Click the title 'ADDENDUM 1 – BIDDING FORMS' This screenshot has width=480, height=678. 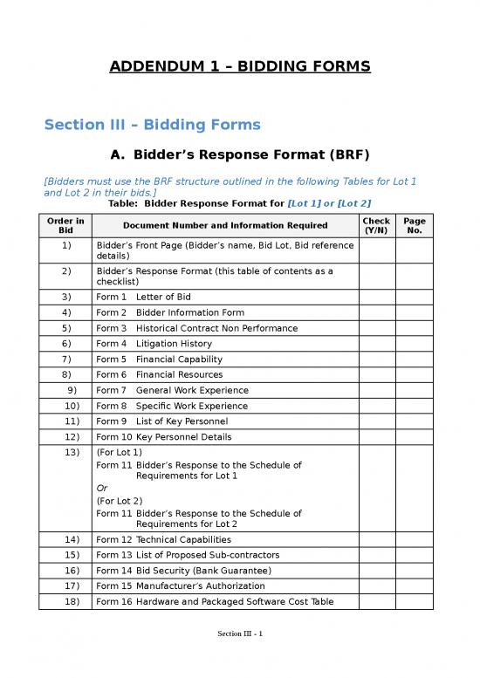coord(240,66)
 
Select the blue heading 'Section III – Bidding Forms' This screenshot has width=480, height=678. coord(152,124)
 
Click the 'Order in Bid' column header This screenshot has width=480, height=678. coord(66,226)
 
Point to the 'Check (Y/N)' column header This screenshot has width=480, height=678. coord(376,226)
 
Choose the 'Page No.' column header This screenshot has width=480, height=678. coord(414,226)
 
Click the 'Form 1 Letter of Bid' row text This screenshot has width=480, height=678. coord(143,297)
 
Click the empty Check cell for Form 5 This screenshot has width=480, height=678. coord(376,360)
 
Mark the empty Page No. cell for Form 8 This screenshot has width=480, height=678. coord(414,406)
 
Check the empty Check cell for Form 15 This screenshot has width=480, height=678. coord(376,586)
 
